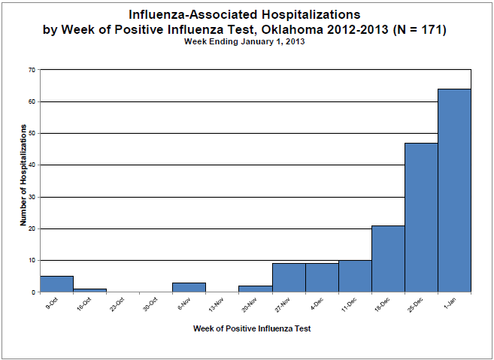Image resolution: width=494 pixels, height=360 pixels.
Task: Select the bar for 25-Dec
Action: tap(421, 217)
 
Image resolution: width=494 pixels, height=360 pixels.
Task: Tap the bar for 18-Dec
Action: tap(388, 259)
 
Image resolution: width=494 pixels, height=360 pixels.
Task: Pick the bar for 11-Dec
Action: tap(355, 276)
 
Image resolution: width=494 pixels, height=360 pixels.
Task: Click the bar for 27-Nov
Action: tap(289, 277)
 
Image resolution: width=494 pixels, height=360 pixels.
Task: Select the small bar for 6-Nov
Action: tap(189, 287)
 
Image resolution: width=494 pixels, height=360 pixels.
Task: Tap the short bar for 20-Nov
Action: tap(256, 289)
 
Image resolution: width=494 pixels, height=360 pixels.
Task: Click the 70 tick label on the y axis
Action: tap(32, 69)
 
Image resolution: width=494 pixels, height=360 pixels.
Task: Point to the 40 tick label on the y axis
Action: tap(32, 165)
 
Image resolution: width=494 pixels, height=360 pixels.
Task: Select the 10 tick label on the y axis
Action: tap(32, 260)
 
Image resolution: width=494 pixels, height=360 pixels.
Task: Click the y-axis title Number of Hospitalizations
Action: tap(23, 175)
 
